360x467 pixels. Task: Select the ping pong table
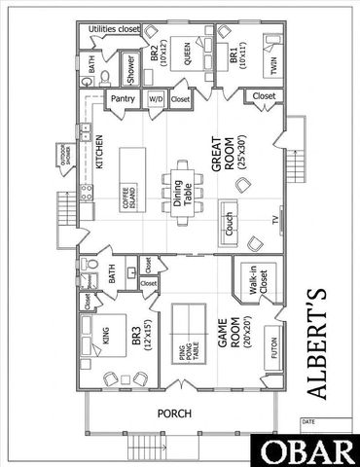[184, 331]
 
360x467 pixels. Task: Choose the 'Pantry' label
[123, 98]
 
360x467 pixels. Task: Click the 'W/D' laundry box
[156, 99]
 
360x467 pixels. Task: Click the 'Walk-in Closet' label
[253, 283]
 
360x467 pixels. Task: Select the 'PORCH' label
[178, 413]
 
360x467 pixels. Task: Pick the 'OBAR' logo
[306, 450]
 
